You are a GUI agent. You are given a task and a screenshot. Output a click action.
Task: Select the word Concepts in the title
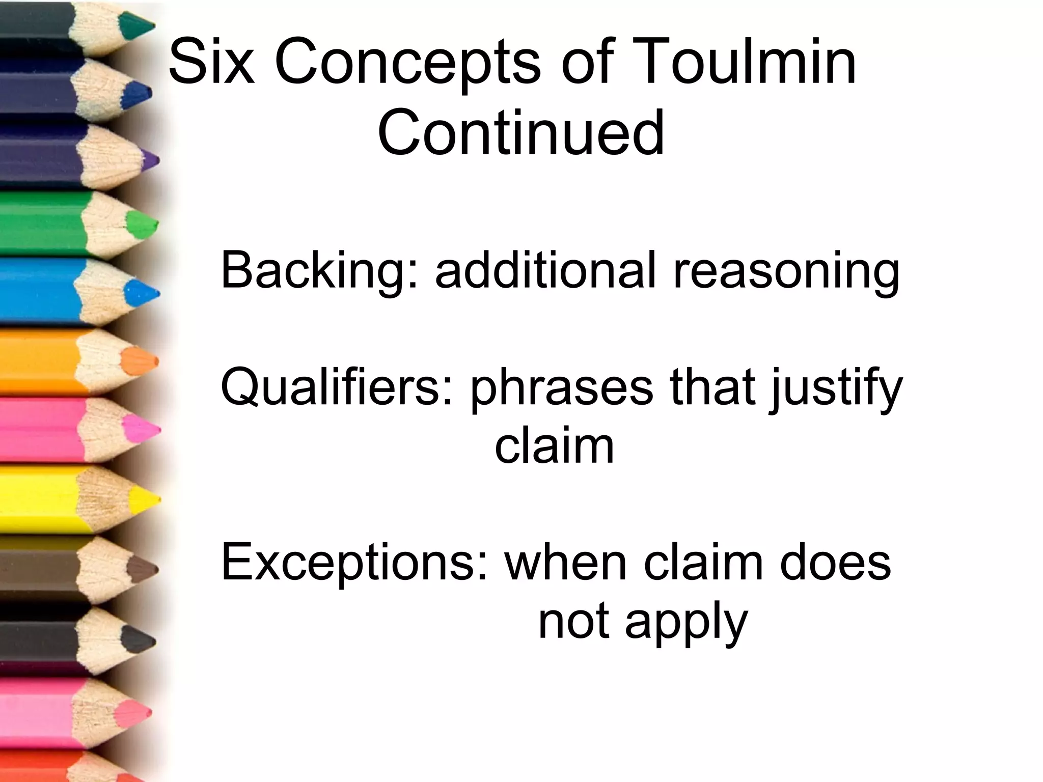(407, 63)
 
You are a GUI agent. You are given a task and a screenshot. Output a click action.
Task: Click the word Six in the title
(211, 63)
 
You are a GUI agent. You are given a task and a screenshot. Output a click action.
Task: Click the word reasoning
(786, 271)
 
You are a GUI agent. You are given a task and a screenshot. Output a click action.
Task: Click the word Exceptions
(354, 563)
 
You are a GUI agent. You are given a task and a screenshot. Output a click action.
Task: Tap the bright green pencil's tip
(143, 224)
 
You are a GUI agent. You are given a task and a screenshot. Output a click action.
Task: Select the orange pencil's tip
(141, 361)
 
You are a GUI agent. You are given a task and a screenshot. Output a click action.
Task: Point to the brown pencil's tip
(142, 569)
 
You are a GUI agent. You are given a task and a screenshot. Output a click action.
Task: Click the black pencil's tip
(139, 639)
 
